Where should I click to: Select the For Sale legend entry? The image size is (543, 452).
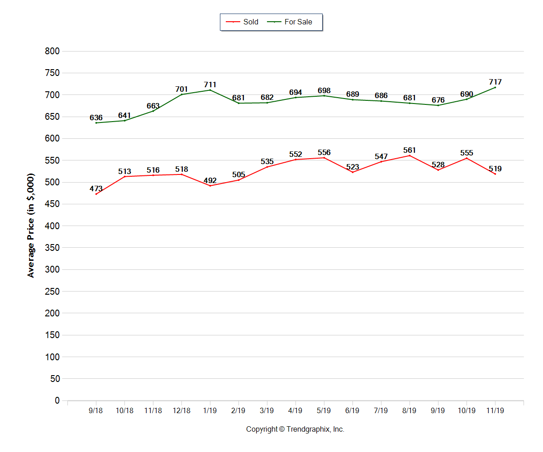click(293, 22)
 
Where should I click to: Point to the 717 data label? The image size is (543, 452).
click(495, 82)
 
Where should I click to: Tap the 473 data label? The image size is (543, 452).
click(96, 189)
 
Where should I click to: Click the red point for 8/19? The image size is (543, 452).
click(410, 155)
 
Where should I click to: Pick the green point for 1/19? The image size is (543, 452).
click(210, 90)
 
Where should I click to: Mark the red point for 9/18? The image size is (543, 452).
click(96, 194)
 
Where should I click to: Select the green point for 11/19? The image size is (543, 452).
click(495, 87)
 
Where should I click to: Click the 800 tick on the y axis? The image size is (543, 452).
click(52, 51)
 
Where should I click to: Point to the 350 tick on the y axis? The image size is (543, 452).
click(52, 248)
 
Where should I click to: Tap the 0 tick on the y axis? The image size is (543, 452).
click(57, 400)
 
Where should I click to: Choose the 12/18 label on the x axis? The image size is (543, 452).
click(181, 411)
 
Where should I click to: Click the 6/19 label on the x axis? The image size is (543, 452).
click(352, 411)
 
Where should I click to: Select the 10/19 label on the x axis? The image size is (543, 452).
click(467, 411)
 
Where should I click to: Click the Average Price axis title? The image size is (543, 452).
click(31, 225)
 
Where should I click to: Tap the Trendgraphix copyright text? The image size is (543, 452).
click(295, 429)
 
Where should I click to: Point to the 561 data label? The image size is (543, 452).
click(410, 150)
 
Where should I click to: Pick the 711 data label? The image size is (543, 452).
click(210, 85)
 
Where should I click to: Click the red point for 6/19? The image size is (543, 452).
click(352, 172)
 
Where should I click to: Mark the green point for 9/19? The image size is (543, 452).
click(438, 105)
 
